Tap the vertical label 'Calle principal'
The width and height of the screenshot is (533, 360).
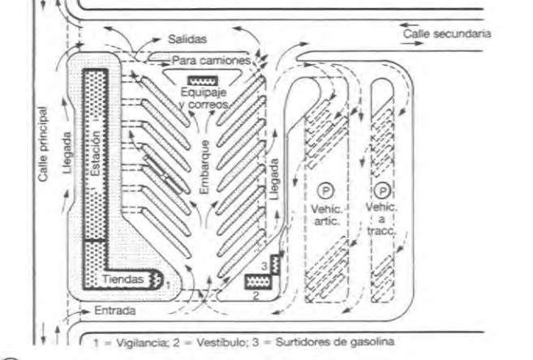point(45,153)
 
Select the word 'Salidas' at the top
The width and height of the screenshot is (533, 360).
point(187,38)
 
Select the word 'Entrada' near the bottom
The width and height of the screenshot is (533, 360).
point(115,311)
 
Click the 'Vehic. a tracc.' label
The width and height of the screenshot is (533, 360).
point(381,217)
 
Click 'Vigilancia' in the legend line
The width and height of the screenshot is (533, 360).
point(133,342)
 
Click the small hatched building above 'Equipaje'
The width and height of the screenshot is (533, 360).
point(203,79)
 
